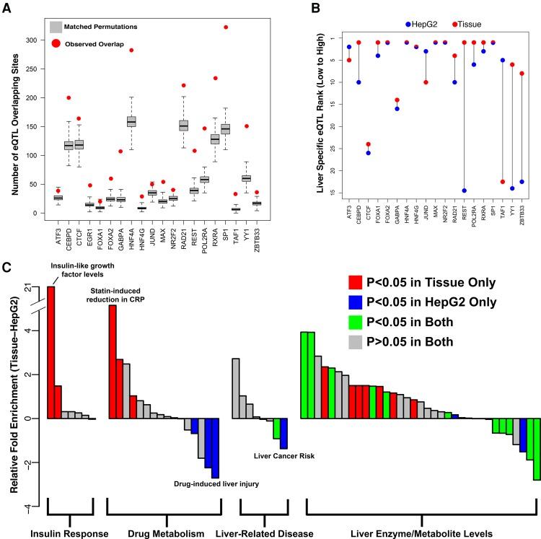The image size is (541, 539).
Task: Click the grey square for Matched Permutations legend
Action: [x=56, y=27]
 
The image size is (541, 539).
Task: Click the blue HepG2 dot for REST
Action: [x=465, y=190]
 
